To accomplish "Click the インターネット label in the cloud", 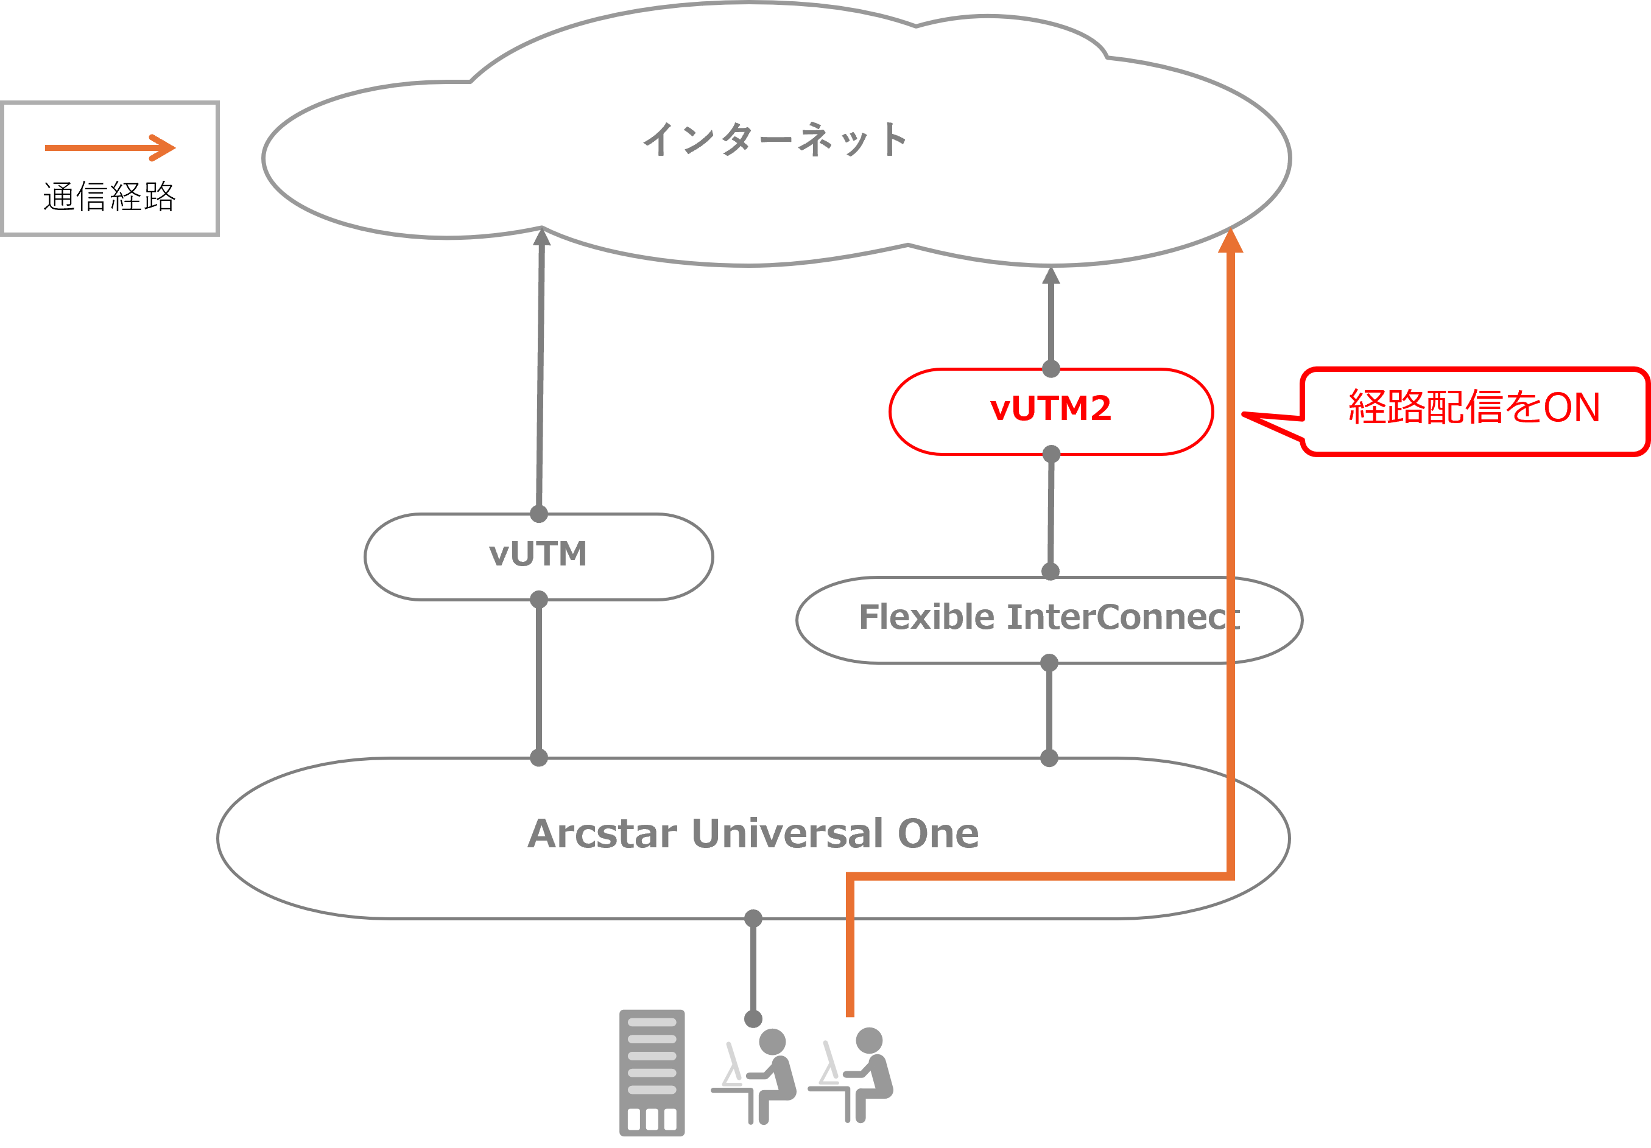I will (x=775, y=139).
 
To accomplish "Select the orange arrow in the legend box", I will (x=110, y=148).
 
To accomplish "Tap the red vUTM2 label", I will (x=1051, y=409).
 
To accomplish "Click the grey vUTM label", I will (x=538, y=555).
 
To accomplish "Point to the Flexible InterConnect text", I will (x=1049, y=617).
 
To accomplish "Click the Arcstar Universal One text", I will (x=753, y=833).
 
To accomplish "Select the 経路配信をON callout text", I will (x=1474, y=408).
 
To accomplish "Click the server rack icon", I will (x=652, y=1072).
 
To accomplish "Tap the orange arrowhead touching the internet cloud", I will (x=1230, y=241).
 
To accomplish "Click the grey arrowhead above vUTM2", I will (x=1051, y=275).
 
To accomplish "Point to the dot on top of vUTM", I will (x=538, y=514).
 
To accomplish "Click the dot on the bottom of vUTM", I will (x=538, y=600).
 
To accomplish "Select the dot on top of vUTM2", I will (x=1051, y=369).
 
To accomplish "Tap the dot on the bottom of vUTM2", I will (x=1051, y=453).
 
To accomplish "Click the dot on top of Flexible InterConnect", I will (x=1051, y=572).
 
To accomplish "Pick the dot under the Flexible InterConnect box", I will (x=1049, y=662).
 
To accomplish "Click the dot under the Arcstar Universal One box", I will (x=753, y=918).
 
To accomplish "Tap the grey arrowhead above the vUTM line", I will (x=542, y=237).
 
